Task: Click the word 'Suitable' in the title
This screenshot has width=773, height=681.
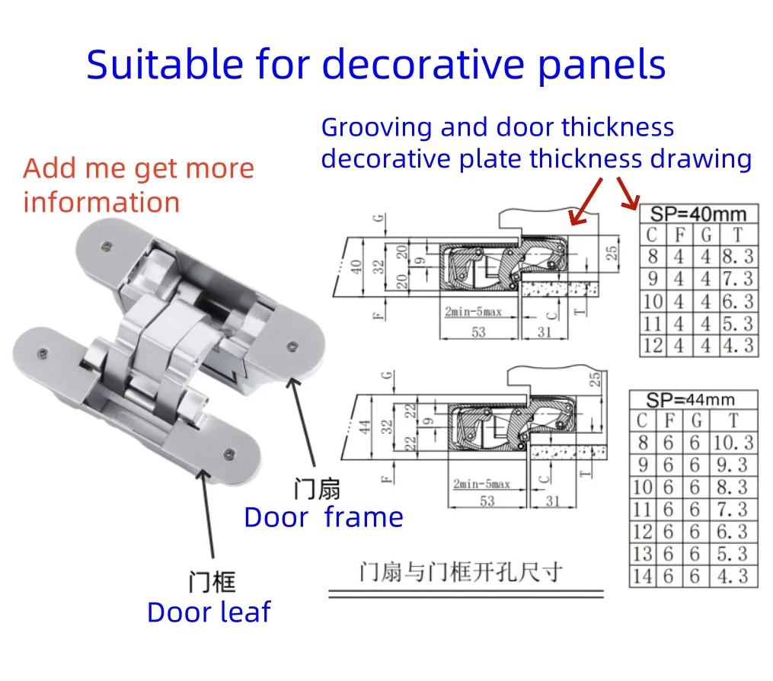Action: click(165, 65)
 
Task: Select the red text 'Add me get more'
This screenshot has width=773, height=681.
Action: click(139, 169)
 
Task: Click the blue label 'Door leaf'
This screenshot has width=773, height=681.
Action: click(209, 612)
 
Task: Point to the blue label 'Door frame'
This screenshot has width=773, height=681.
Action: click(324, 517)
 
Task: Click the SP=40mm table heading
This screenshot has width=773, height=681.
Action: click(698, 214)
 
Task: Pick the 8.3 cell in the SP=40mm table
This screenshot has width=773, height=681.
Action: click(738, 257)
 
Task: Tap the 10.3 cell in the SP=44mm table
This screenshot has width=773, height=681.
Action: click(733, 443)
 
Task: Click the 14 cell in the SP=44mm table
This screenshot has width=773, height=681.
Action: click(642, 576)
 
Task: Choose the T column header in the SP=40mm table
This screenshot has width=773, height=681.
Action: click(737, 235)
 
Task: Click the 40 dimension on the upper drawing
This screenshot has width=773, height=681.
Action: click(356, 267)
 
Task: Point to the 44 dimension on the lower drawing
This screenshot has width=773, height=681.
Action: click(364, 427)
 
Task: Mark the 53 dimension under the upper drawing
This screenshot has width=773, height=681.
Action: click(478, 332)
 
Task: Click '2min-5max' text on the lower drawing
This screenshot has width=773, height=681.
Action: click(481, 484)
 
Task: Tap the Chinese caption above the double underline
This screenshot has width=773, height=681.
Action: click(461, 572)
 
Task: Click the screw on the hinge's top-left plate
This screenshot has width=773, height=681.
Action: click(106, 246)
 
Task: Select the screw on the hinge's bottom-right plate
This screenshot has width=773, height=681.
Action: click(228, 454)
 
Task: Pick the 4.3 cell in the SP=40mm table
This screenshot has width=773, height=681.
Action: click(738, 345)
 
